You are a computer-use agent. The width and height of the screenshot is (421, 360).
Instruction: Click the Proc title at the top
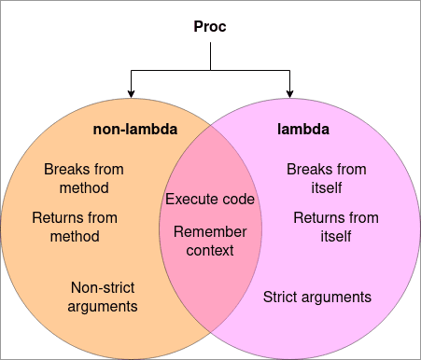tap(210, 27)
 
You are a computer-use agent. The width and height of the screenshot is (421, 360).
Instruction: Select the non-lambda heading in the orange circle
tap(136, 128)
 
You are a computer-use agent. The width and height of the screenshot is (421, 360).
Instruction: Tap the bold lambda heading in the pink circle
tap(302, 128)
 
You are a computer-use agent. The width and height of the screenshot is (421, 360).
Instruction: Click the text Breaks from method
tap(84, 178)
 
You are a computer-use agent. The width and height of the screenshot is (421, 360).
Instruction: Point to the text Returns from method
tap(75, 227)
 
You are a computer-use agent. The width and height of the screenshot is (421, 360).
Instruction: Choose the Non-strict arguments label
tap(104, 297)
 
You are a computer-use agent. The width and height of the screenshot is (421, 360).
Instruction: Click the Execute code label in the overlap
tap(210, 199)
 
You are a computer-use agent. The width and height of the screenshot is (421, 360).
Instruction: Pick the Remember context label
tap(210, 241)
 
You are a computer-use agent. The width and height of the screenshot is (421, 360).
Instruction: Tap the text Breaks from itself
tap(326, 178)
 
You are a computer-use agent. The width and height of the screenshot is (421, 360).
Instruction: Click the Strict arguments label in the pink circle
tap(317, 297)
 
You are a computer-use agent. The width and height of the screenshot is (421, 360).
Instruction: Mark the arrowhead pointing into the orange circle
tap(131, 91)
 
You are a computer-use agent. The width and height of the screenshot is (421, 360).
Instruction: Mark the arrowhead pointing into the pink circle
tap(290, 91)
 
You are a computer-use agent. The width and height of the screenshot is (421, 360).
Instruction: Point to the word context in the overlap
tap(210, 250)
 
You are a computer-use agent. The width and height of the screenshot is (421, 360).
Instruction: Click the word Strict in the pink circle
tap(282, 297)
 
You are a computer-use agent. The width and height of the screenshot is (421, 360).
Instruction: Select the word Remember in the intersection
tap(210, 231)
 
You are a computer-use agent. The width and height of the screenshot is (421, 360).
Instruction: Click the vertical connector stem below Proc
tap(210, 56)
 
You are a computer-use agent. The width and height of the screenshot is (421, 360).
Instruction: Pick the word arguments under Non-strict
tap(104, 306)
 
